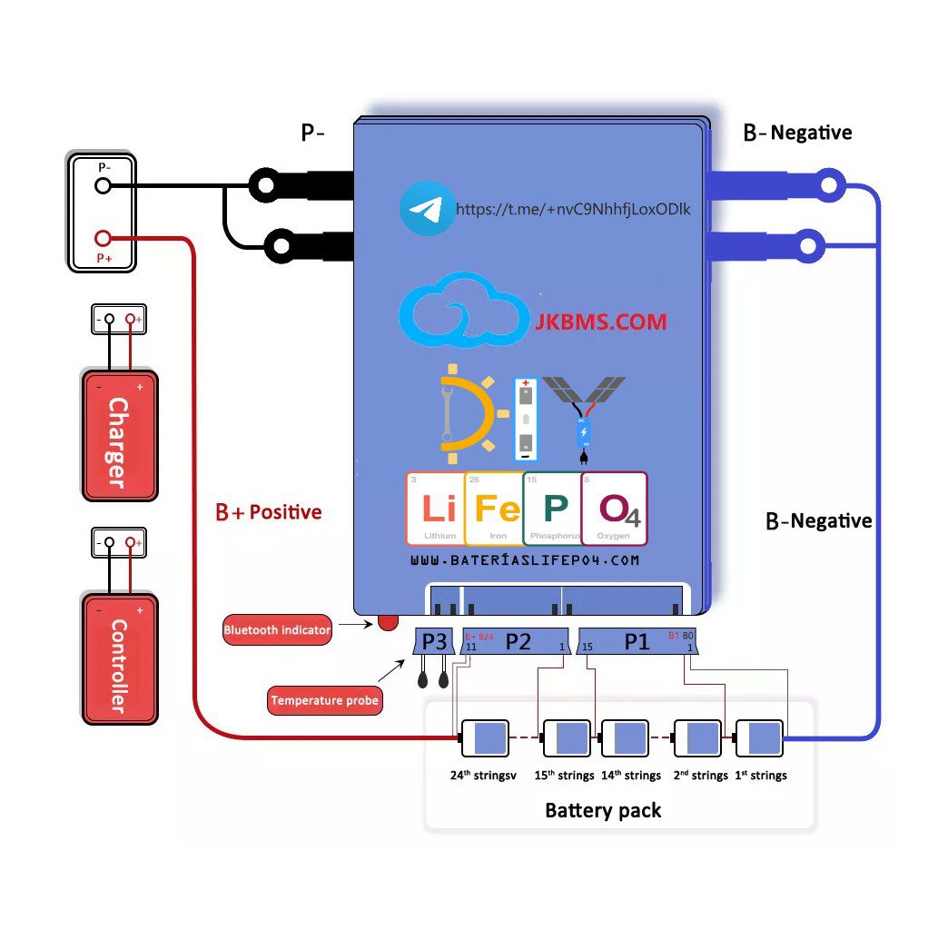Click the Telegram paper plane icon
427,209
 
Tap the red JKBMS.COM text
598,322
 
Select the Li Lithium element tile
434,508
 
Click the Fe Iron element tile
493,508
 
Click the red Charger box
120,435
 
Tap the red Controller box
120,658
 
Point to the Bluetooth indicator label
277,629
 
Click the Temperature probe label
324,700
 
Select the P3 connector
433,641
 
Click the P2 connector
516,641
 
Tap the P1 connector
637,641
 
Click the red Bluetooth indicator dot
388,622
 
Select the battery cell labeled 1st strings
758,738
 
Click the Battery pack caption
603,810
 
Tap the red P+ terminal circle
104,238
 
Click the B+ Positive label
269,512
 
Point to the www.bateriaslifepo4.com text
525,560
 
